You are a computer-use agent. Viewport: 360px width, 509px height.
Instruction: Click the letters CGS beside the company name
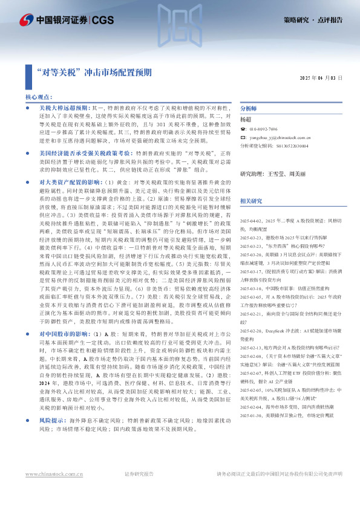pos(103,19)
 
